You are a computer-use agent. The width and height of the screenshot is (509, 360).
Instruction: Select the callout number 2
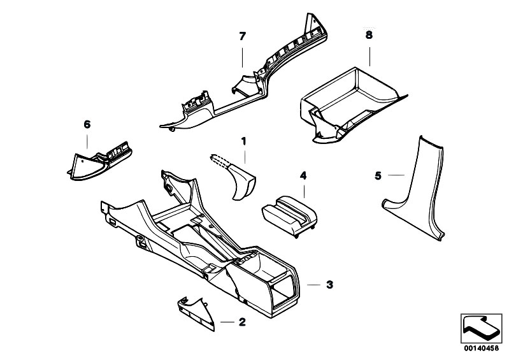(241, 322)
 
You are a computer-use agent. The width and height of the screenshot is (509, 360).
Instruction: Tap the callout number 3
(329, 285)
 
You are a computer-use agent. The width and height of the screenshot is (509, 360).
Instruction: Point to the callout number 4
(304, 175)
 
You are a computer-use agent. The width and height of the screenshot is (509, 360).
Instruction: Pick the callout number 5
(378, 175)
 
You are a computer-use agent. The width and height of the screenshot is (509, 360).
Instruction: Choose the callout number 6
(87, 125)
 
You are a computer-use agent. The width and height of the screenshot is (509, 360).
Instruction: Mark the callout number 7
(242, 36)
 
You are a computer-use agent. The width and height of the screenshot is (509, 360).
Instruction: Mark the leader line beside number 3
(313, 285)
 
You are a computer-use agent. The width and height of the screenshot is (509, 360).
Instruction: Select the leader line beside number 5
(395, 175)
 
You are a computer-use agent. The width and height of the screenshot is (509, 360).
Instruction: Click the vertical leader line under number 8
(369, 54)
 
